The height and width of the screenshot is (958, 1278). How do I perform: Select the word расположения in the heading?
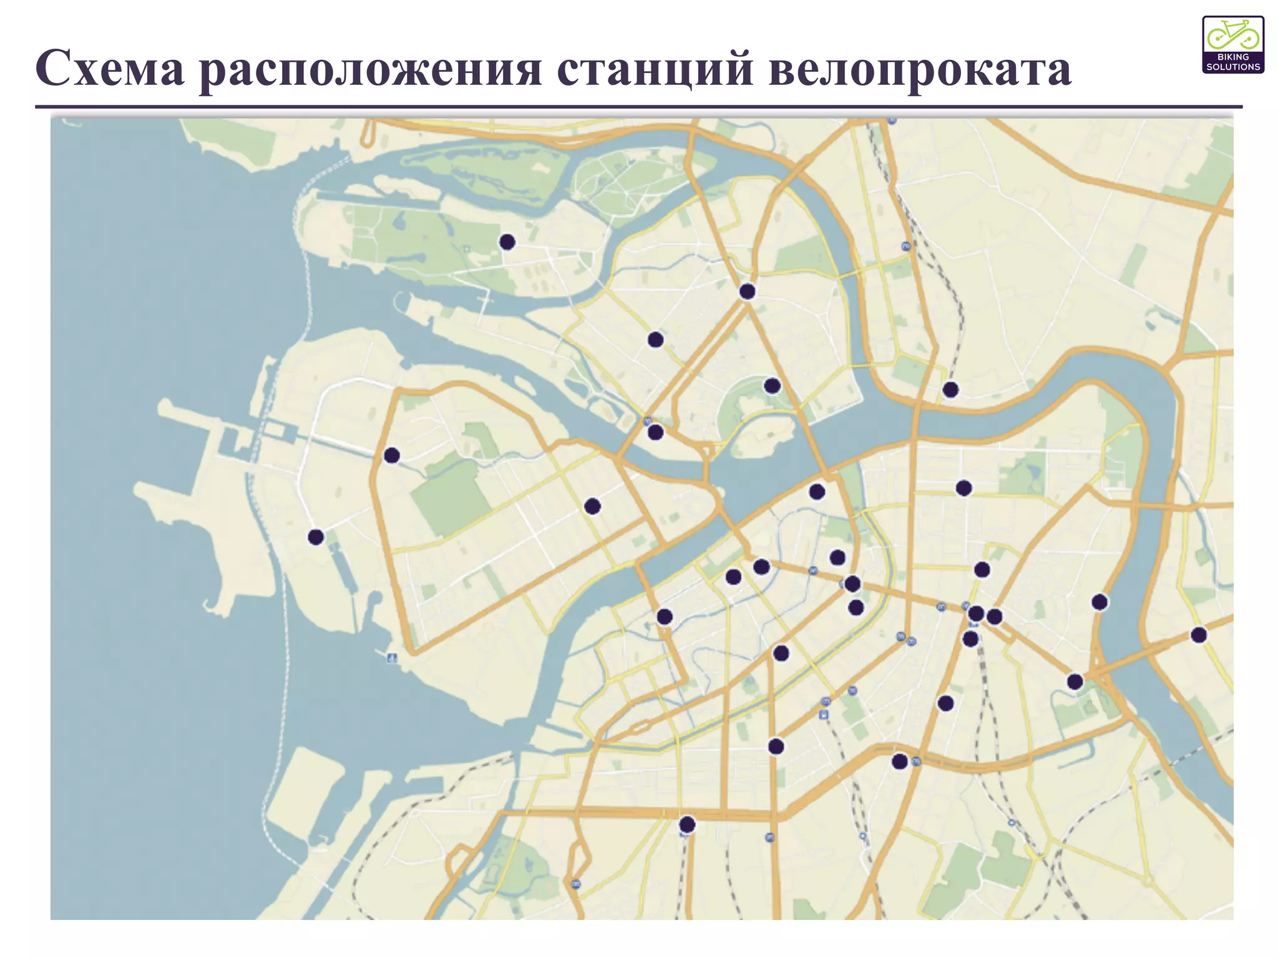[x=371, y=70]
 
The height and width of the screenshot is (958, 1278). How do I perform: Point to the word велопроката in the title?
[x=920, y=69]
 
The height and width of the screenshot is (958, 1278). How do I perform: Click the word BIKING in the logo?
[x=1233, y=57]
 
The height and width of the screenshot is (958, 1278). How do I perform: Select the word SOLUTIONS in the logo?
[x=1233, y=67]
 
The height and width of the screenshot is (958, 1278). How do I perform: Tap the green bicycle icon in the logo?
[x=1232, y=34]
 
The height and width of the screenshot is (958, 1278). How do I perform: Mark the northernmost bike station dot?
[x=507, y=242]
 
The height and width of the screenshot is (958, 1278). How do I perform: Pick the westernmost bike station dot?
[x=316, y=536]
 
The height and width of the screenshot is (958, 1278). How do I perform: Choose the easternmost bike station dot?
[x=1199, y=635]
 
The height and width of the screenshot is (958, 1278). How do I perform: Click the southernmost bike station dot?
[x=687, y=825]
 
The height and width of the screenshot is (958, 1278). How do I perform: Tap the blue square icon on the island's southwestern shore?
[x=392, y=657]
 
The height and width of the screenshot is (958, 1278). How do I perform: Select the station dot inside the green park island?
[x=772, y=385]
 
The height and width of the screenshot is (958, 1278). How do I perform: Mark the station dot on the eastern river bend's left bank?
[x=1100, y=602]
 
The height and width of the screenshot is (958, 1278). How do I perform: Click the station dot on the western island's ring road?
[x=392, y=455]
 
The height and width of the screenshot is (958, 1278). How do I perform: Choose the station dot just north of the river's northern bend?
[x=950, y=390]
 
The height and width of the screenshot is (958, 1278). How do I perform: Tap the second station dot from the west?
[x=392, y=455]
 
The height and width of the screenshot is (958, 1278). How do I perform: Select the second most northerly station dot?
[x=747, y=291]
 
